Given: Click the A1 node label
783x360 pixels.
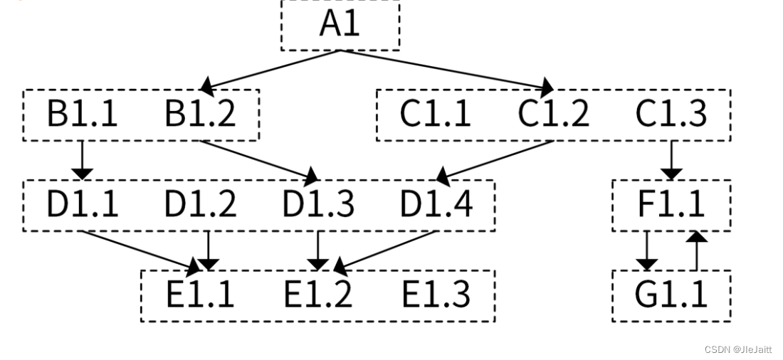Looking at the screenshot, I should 340,23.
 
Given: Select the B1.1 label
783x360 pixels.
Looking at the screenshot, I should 83,114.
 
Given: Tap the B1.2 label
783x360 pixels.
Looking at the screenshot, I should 200,114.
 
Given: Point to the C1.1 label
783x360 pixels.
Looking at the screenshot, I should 435,114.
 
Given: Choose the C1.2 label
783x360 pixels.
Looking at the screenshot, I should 553,114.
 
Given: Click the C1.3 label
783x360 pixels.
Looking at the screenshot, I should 671,114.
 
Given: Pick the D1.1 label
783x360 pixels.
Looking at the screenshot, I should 83,205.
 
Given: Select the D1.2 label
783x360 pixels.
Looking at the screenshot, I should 200,205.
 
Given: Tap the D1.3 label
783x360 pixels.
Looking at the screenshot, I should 318,205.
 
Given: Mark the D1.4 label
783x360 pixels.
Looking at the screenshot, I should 436,205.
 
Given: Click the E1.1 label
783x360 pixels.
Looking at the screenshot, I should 200,295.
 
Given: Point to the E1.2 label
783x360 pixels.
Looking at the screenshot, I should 318,295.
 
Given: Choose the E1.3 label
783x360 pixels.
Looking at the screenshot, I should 436,295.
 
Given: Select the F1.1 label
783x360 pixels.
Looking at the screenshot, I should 671,205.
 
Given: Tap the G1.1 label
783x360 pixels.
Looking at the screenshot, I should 671,295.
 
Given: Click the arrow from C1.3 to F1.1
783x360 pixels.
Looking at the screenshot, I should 671,160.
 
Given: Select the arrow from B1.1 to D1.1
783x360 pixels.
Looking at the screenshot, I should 83,160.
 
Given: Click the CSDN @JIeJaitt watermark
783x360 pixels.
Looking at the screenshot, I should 738,349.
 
